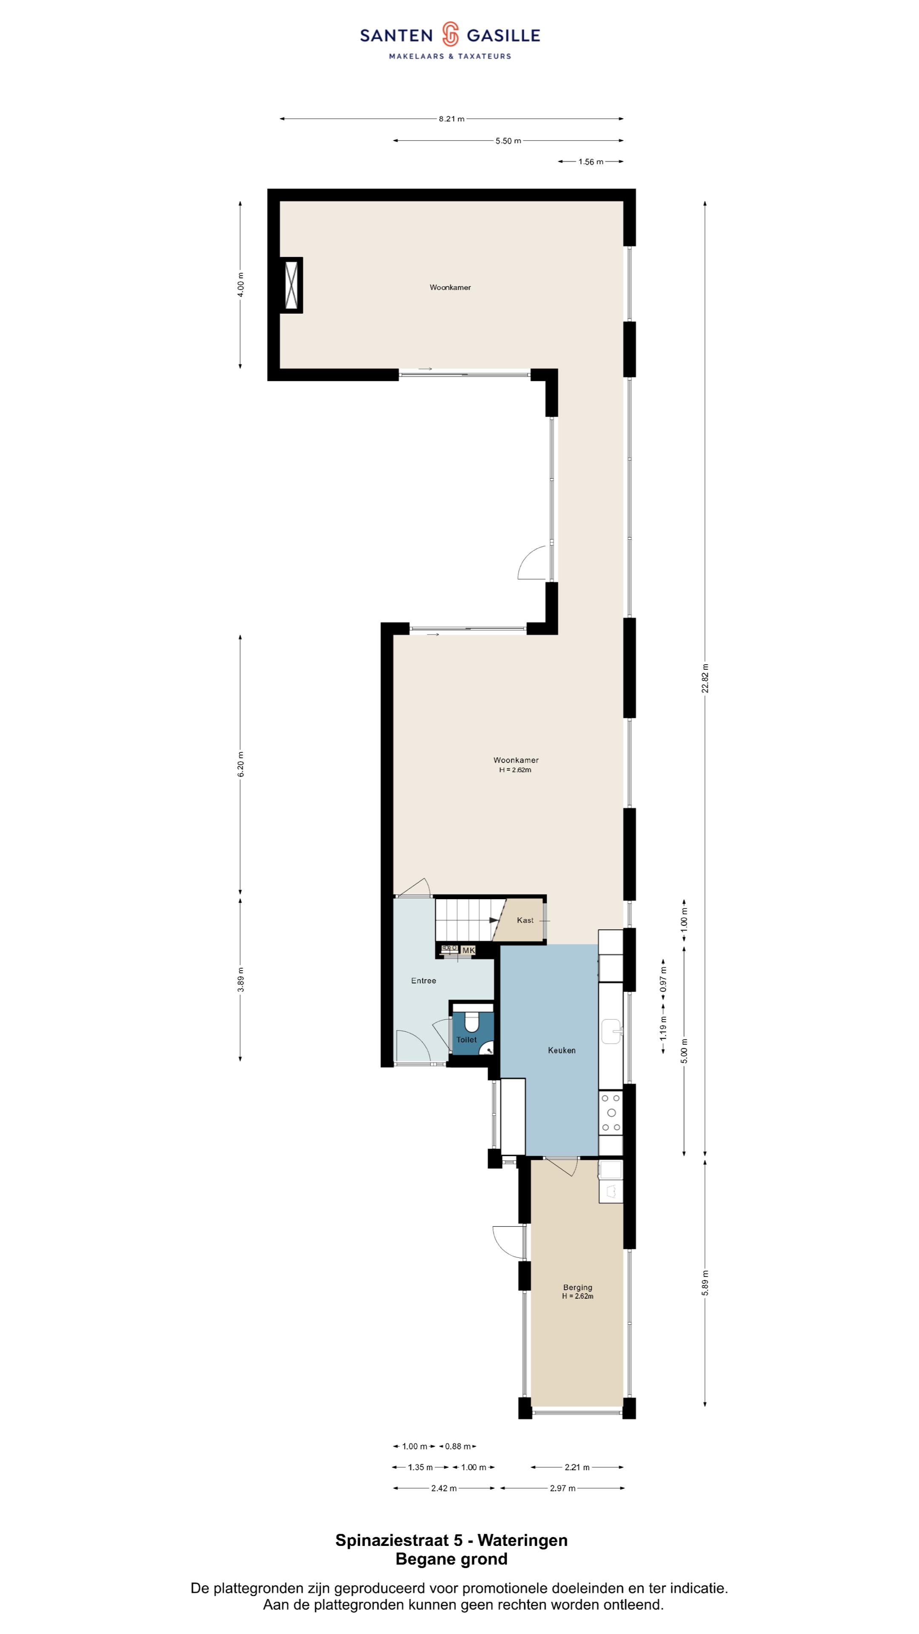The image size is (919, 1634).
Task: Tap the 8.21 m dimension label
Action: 451,119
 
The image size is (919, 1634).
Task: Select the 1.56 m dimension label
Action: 591,162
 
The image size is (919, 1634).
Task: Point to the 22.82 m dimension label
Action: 705,679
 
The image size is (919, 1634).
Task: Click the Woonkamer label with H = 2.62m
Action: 516,764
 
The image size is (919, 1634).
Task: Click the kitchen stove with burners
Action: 611,1113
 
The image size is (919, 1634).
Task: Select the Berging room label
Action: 577,1287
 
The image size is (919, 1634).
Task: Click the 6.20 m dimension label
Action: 240,764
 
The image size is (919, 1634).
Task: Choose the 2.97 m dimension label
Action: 562,1488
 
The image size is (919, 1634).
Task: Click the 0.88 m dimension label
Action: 457,1446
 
